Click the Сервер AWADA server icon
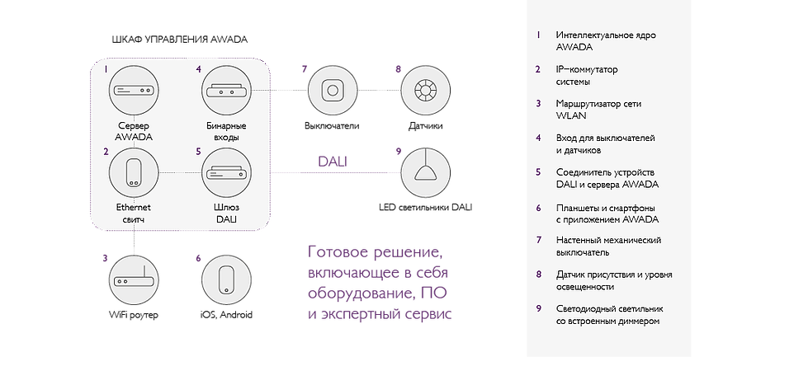(134, 90)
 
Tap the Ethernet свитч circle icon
(134, 174)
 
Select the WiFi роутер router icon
(134, 281)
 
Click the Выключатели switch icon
(333, 91)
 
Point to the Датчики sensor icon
(425, 91)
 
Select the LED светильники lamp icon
(425, 173)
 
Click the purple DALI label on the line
(333, 161)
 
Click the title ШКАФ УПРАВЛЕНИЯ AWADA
(180, 40)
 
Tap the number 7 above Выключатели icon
(305, 69)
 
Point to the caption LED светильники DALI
(426, 208)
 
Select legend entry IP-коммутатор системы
(587, 76)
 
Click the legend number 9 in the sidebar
(538, 309)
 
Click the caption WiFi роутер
(134, 315)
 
